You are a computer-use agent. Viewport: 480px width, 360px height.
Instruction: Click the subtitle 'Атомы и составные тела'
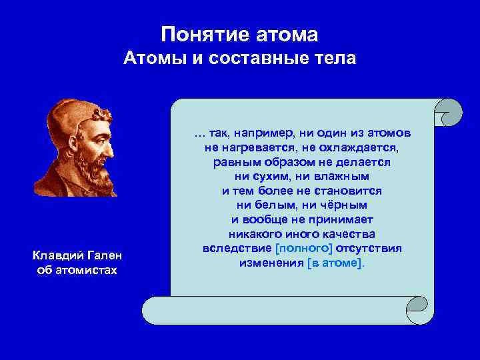(x=240, y=59)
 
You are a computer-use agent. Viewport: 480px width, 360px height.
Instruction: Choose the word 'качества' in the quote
(x=348, y=234)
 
